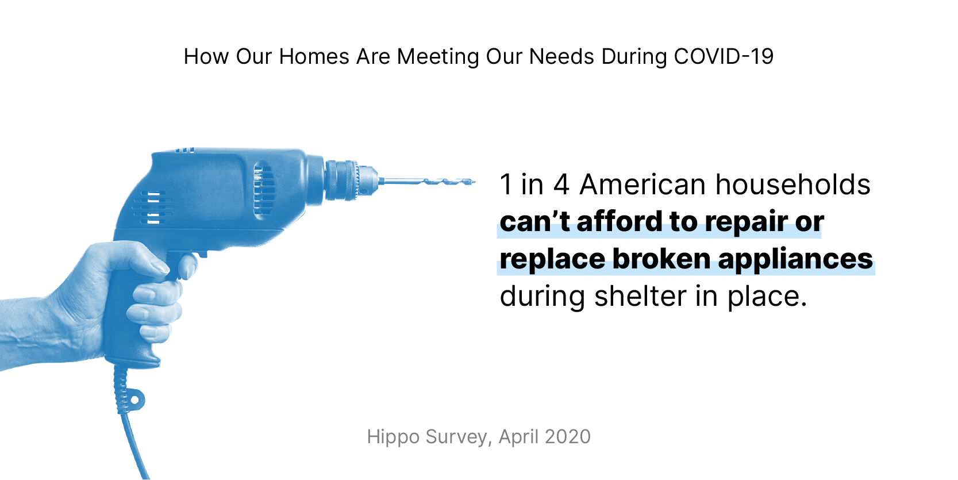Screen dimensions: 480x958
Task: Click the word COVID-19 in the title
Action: [x=724, y=56]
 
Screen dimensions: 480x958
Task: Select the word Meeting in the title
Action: [x=438, y=56]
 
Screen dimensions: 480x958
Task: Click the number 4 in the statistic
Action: [x=561, y=185]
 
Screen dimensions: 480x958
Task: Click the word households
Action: [x=792, y=185]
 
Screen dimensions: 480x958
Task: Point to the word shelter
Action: [x=640, y=297]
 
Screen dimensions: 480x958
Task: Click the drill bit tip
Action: [x=472, y=182]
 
